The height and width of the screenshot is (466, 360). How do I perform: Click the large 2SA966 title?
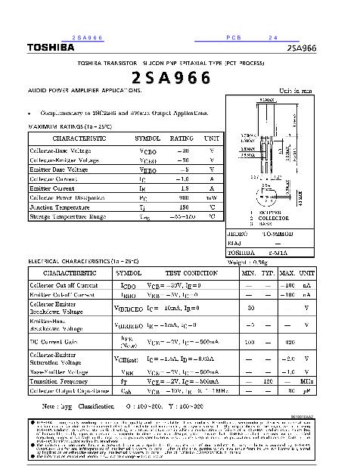[172, 77]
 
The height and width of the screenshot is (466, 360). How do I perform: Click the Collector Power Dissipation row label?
[67, 197]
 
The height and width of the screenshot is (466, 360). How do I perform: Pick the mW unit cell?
[212, 197]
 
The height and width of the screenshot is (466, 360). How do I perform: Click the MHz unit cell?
[306, 381]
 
